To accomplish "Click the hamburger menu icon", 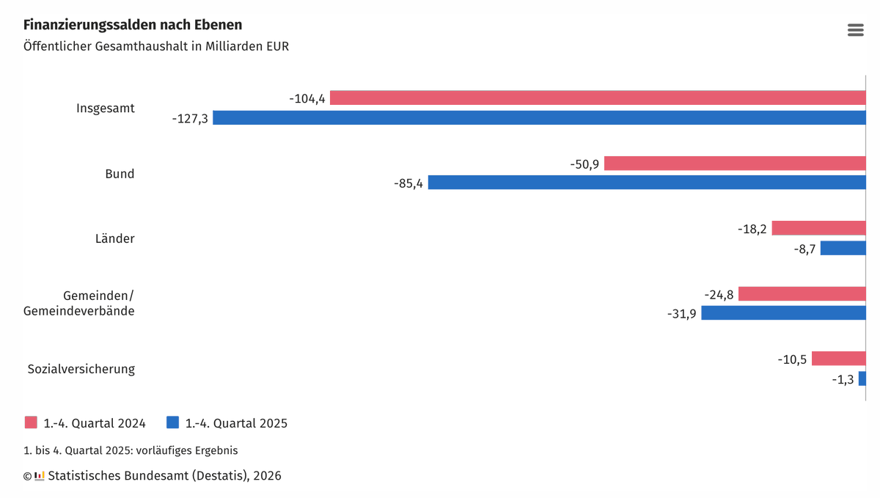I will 855,30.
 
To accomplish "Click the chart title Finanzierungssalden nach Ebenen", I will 133,25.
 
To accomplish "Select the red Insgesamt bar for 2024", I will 598,98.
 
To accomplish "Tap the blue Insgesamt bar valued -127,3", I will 539,117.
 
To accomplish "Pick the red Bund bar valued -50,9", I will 735,163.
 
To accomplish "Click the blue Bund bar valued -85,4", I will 647,183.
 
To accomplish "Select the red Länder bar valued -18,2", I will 818,228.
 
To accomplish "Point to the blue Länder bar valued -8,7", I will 843,248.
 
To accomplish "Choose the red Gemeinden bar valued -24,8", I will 802,294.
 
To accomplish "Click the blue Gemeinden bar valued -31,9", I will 783,313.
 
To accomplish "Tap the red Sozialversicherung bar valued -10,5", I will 838,359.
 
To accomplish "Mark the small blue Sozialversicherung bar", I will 862,378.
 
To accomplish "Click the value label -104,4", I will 307,98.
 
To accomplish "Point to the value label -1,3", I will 843,379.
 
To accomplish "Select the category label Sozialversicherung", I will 81,369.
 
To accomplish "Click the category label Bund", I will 120,174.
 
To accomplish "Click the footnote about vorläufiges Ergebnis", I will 131,450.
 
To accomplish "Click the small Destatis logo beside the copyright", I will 40,476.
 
